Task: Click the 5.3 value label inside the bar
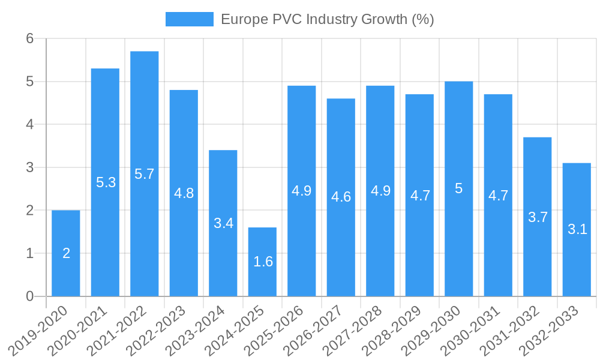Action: tap(106, 182)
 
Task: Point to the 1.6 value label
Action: tap(263, 262)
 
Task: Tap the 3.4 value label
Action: tap(223, 223)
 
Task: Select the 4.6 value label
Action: tap(341, 197)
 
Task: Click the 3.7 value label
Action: tap(538, 217)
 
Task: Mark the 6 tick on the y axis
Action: tap(31, 38)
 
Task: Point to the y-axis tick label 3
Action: tap(31, 167)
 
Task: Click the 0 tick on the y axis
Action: tap(31, 296)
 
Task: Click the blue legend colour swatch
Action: tap(189, 19)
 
